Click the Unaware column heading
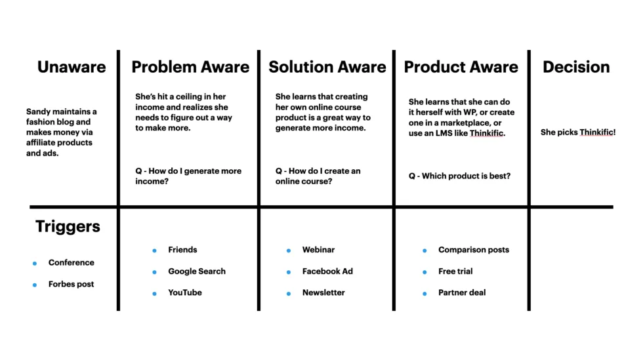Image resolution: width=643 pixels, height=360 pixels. pyautogui.click(x=71, y=67)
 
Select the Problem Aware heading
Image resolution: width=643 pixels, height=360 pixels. pyautogui.click(x=190, y=67)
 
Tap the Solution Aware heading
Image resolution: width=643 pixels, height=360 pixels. pyautogui.click(x=327, y=67)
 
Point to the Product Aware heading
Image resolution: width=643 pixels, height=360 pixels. pyautogui.click(x=461, y=67)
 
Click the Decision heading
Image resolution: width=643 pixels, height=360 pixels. pyautogui.click(x=576, y=67)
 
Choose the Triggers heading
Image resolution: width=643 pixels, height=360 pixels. pyautogui.click(x=68, y=227)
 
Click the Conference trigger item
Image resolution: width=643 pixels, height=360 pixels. pyautogui.click(x=71, y=263)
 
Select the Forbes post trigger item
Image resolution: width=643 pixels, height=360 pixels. pyautogui.click(x=71, y=285)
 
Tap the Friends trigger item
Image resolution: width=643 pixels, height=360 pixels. pyautogui.click(x=182, y=250)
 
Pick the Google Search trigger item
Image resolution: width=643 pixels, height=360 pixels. pyautogui.click(x=196, y=271)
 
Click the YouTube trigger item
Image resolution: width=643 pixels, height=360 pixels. pyautogui.click(x=185, y=292)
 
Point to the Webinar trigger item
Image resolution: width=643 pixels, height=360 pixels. pyautogui.click(x=318, y=250)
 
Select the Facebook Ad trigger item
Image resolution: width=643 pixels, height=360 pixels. pyautogui.click(x=327, y=271)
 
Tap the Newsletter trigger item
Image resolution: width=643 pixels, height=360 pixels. pyautogui.click(x=323, y=292)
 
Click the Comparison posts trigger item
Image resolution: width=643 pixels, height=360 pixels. pyautogui.click(x=473, y=250)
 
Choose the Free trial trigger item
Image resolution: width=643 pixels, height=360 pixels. pyautogui.click(x=455, y=271)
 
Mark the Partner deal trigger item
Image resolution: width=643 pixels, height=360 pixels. pyautogui.click(x=462, y=292)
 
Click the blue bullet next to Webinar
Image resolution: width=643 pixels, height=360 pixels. pyautogui.click(x=289, y=250)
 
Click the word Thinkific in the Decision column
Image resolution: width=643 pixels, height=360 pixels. pyautogui.click(x=597, y=132)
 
